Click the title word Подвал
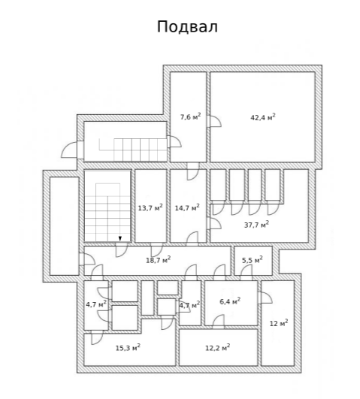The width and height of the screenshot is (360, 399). (x=187, y=27)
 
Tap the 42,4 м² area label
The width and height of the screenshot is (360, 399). (x=263, y=117)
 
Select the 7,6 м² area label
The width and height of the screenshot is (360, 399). (x=190, y=116)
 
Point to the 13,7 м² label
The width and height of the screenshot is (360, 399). (x=150, y=207)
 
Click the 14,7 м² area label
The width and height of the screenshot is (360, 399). (x=187, y=207)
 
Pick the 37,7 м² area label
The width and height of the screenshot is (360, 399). (x=256, y=225)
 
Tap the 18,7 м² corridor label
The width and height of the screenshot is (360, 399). (x=158, y=260)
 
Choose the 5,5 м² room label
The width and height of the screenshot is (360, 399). (x=253, y=260)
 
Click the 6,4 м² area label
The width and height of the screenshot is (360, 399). (x=230, y=301)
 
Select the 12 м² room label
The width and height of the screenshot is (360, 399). (x=279, y=323)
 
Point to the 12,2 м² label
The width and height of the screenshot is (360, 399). (x=218, y=348)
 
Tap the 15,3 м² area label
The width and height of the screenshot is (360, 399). (x=128, y=348)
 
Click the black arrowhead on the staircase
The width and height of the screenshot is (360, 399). (x=120, y=238)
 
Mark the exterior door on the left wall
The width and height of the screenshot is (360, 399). (x=69, y=150)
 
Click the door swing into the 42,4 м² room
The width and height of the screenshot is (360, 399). (x=214, y=122)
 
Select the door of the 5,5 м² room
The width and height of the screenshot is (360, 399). (x=247, y=271)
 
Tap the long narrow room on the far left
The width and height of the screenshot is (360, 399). (x=64, y=226)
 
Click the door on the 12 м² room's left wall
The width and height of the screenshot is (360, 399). (x=265, y=298)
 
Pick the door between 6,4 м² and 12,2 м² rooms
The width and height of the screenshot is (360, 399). (x=219, y=321)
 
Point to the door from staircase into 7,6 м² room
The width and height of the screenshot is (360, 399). (x=174, y=141)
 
